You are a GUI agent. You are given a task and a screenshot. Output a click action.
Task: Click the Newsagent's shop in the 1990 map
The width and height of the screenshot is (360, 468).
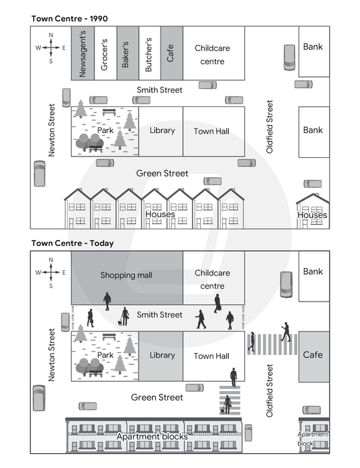[83, 53]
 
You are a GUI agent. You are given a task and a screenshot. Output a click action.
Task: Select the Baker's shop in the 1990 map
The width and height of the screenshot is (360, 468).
[128, 53]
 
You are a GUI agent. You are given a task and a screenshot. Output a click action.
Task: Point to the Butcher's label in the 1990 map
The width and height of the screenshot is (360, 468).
[149, 55]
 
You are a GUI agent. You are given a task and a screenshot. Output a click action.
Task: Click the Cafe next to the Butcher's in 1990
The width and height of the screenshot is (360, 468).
[172, 53]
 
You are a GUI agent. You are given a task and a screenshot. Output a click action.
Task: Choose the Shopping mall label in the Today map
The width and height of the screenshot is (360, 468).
[126, 275]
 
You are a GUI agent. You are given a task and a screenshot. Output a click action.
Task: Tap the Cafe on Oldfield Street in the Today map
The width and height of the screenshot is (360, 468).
[314, 356]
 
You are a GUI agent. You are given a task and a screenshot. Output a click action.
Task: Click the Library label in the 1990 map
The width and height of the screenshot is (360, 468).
[162, 130]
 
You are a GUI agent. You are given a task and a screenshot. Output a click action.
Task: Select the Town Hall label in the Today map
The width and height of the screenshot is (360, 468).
[211, 356]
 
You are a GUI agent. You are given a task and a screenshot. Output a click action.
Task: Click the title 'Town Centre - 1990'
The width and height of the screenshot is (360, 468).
[70, 19]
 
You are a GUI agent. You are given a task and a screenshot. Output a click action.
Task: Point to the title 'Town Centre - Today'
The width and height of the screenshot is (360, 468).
[72, 243]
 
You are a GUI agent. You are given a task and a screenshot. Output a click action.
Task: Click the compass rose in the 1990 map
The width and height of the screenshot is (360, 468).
[51, 47]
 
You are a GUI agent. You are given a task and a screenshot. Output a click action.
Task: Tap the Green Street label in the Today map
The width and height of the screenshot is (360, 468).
[157, 397]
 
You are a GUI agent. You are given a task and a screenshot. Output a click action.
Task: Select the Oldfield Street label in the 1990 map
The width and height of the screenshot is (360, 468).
[270, 127]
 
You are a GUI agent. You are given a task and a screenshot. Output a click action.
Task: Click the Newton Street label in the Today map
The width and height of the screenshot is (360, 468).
[52, 355]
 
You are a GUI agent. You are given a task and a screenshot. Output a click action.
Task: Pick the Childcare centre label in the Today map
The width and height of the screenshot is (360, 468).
[212, 279]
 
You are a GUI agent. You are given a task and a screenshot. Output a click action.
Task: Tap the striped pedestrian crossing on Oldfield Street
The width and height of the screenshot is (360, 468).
[272, 344]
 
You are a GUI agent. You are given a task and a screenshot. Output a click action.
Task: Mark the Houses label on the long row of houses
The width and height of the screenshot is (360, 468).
[160, 215]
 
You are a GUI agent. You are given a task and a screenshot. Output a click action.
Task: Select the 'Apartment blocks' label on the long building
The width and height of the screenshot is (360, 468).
[152, 437]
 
